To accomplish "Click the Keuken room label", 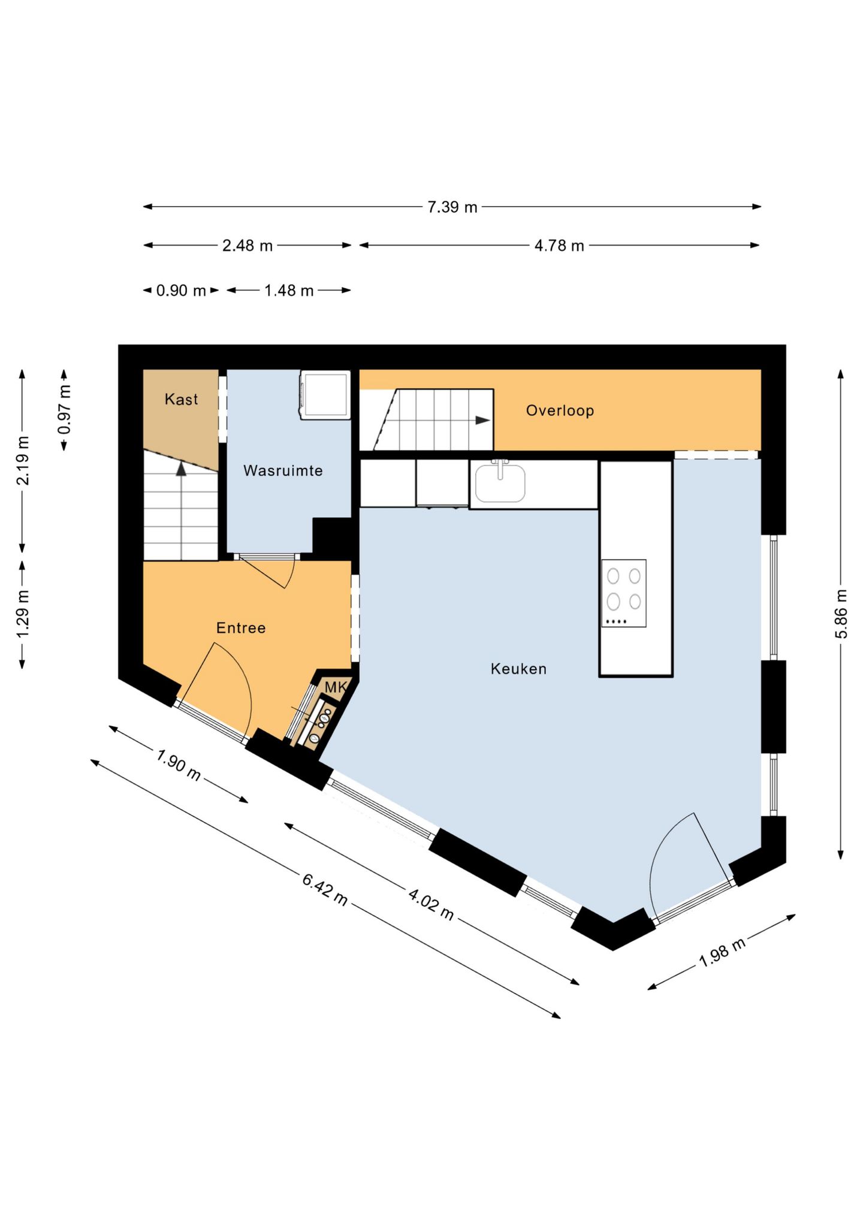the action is click(x=518, y=669).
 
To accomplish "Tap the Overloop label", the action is click(x=560, y=410).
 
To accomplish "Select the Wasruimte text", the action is click(x=283, y=470).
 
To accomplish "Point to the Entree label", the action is click(x=241, y=628).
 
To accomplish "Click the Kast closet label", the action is click(x=181, y=399).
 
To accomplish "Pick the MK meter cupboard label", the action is click(x=336, y=687).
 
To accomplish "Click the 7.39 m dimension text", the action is click(x=452, y=207).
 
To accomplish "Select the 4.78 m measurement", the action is click(x=559, y=246).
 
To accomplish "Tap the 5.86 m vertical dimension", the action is click(x=841, y=614).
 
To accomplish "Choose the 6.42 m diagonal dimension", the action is click(x=325, y=890).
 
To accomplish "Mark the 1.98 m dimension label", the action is click(x=722, y=952).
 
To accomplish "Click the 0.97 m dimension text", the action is click(x=64, y=410).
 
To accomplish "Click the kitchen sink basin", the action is click(x=500, y=482).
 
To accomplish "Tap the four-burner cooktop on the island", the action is click(x=624, y=593).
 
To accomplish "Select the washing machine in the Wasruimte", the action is click(x=325, y=395).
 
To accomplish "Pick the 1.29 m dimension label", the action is click(x=22, y=615).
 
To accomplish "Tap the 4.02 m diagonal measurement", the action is click(x=431, y=904).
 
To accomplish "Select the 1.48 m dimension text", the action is click(x=289, y=291).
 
